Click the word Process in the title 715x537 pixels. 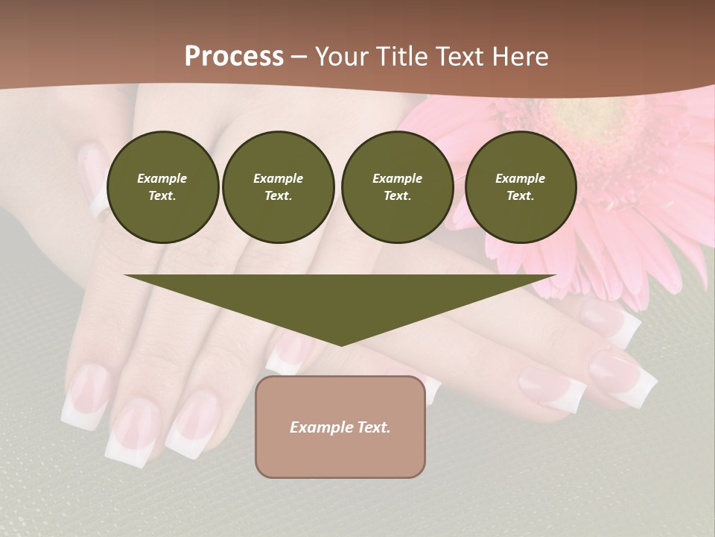(x=234, y=57)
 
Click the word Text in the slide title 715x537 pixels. (x=460, y=57)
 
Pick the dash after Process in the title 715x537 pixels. (x=299, y=57)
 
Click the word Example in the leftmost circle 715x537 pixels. (x=162, y=178)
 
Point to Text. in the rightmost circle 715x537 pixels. (x=521, y=195)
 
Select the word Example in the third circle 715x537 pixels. (x=397, y=178)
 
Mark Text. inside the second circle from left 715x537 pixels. (x=279, y=195)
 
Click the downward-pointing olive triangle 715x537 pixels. (x=340, y=298)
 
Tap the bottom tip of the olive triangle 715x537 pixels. (x=340, y=344)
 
